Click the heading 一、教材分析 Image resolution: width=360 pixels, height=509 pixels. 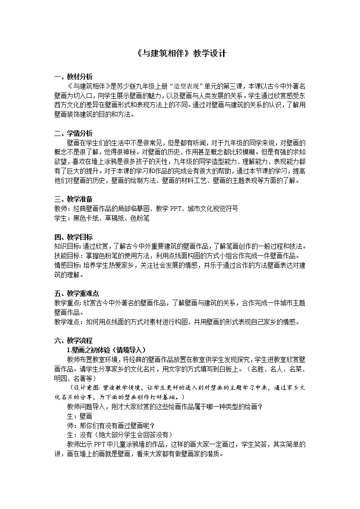(x=73, y=77)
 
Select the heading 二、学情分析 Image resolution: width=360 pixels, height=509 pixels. (x=73, y=133)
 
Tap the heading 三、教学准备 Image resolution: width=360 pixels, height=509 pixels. (x=73, y=199)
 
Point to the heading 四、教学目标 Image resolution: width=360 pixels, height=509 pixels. (x=73, y=237)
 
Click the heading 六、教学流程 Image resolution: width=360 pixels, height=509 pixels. (x=73, y=340)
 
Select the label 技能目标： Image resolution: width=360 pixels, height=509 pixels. (x=68, y=256)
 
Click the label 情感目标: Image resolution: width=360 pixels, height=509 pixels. (x=68, y=265)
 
